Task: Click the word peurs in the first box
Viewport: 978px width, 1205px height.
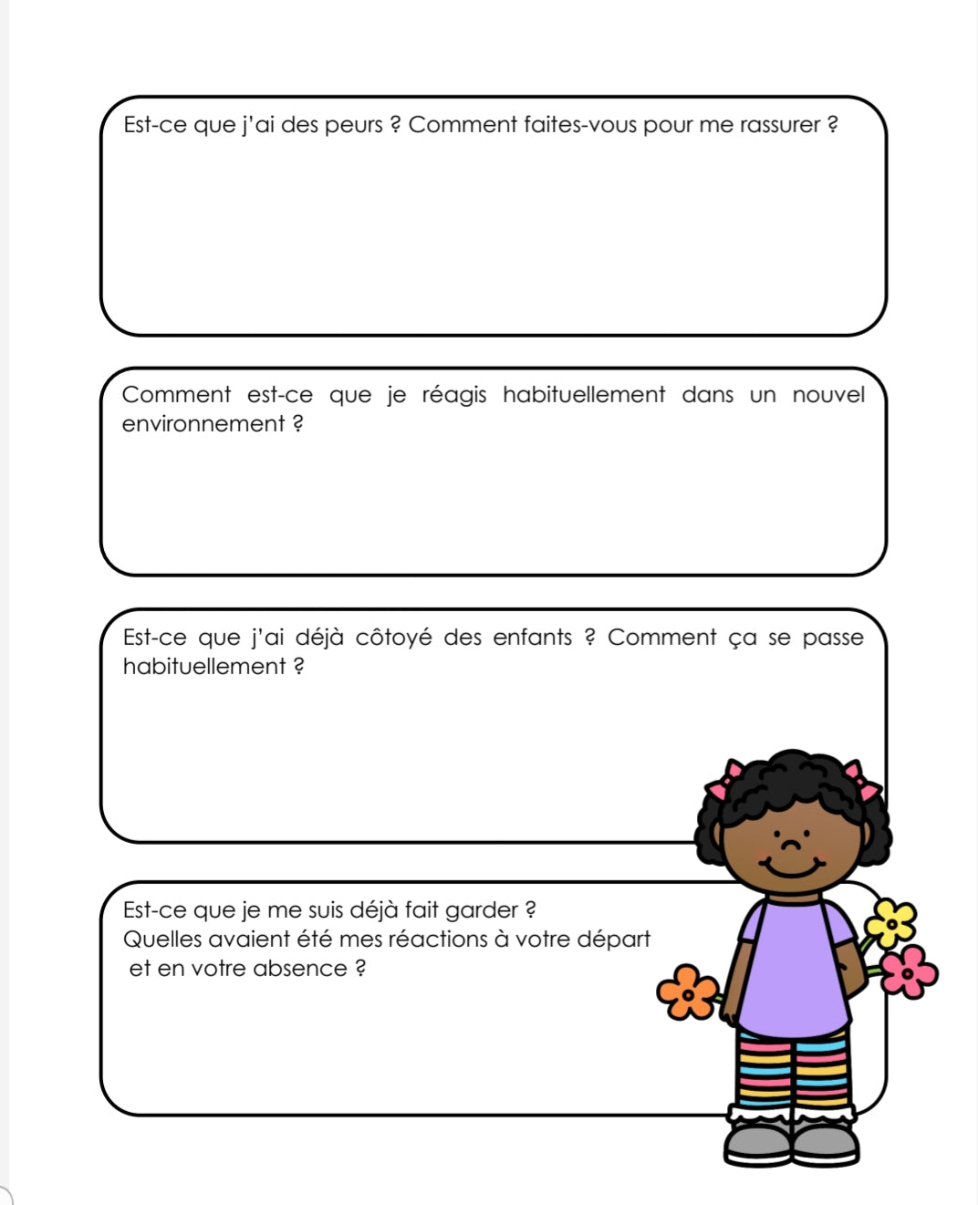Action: click(x=353, y=125)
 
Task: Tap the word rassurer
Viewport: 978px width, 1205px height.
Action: click(x=779, y=125)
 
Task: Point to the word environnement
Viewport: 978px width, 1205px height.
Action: click(x=203, y=424)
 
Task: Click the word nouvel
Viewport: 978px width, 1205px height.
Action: click(x=827, y=395)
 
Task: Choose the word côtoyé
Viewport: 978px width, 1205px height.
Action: click(x=393, y=638)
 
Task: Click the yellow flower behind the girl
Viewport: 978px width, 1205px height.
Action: click(x=890, y=922)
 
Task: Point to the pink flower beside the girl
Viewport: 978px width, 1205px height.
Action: click(x=909, y=971)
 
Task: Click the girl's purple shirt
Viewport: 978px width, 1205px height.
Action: click(x=792, y=967)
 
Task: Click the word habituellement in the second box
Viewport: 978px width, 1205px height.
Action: click(x=584, y=395)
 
